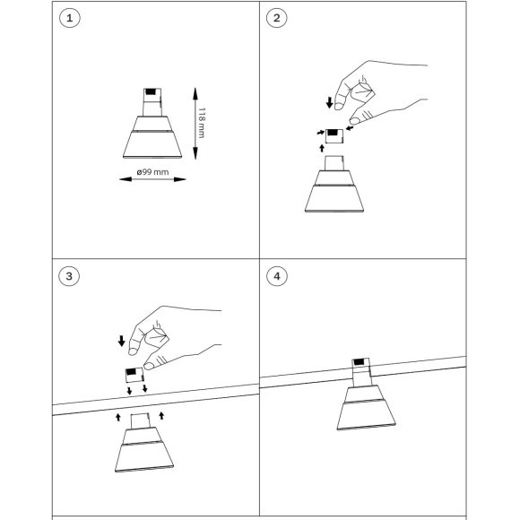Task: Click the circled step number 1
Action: point(70,18)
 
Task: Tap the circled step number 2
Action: point(277,18)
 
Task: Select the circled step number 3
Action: point(69,276)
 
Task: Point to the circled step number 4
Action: point(277,276)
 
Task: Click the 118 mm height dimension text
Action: point(202,123)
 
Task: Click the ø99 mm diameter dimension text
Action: point(153,172)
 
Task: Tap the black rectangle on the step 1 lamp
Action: point(151,91)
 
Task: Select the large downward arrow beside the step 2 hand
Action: point(329,102)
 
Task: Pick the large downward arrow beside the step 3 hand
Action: point(122,341)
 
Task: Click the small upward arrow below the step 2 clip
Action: point(322,148)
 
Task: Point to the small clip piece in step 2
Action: point(334,136)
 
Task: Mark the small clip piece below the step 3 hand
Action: point(134,375)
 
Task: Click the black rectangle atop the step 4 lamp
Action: point(359,362)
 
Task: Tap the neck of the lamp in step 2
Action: point(334,163)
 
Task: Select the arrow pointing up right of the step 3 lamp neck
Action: point(161,415)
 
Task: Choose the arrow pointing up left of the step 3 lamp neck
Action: point(118,417)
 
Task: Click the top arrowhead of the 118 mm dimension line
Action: point(195,93)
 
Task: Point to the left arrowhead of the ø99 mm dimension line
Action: point(126,179)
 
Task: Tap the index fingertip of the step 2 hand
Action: point(339,106)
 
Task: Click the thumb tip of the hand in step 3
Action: point(149,366)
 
